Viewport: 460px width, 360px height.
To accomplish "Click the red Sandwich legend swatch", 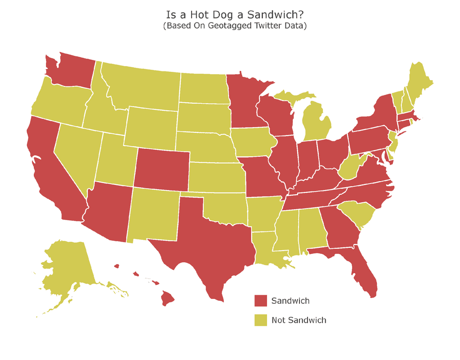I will point(261,301).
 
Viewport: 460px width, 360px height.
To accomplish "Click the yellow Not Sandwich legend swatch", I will point(261,320).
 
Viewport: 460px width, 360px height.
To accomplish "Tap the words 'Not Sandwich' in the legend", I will point(299,320).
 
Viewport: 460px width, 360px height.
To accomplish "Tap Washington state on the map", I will point(70,70).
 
